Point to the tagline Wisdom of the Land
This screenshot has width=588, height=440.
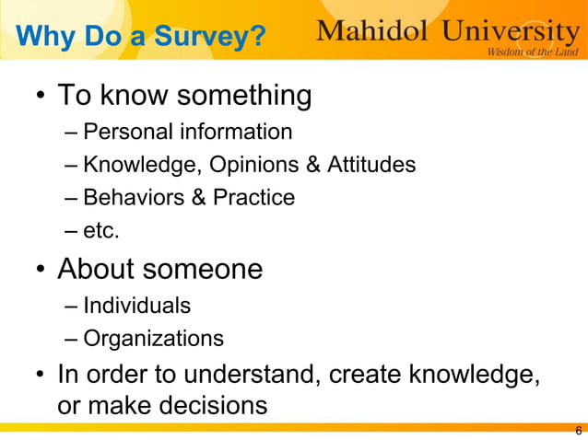[533, 52]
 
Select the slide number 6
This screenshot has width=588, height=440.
[578, 431]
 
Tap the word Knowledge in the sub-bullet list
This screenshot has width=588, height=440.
[141, 165]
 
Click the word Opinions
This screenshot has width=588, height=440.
[253, 165]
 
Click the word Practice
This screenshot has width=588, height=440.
[254, 198]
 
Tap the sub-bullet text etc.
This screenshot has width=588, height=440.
[101, 232]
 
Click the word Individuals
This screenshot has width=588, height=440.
[136, 305]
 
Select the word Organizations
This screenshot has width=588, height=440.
[153, 339]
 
